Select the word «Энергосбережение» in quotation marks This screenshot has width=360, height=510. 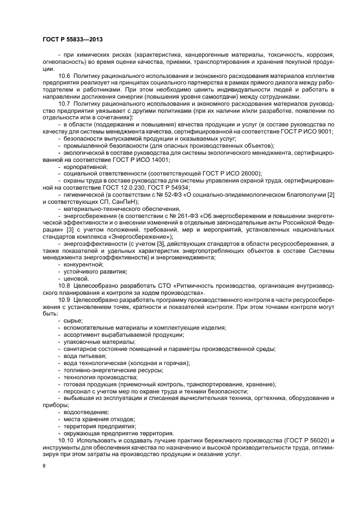pos(143,238)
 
